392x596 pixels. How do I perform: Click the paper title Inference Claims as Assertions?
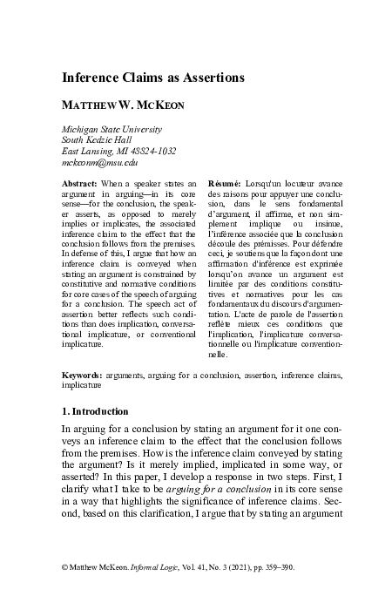(152, 78)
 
